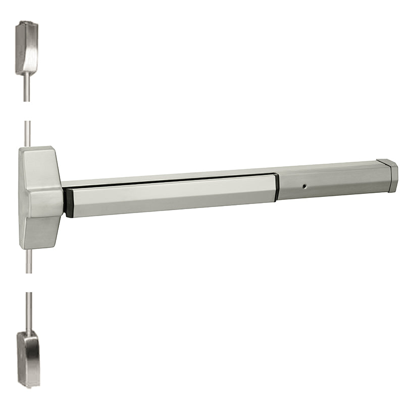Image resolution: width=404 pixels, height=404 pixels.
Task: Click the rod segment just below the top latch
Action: (x=26, y=88)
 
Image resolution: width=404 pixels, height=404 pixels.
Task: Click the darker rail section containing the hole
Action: (x=328, y=184)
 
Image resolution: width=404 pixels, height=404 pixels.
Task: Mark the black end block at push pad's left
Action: (x=69, y=202)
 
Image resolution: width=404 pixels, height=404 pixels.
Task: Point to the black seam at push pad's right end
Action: (x=276, y=188)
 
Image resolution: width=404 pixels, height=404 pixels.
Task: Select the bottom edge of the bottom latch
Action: (x=29, y=386)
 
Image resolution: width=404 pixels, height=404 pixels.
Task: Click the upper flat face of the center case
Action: (x=38, y=164)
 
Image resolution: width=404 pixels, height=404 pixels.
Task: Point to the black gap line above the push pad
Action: (x=172, y=180)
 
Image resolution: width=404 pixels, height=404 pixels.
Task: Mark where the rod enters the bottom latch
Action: (x=29, y=331)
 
